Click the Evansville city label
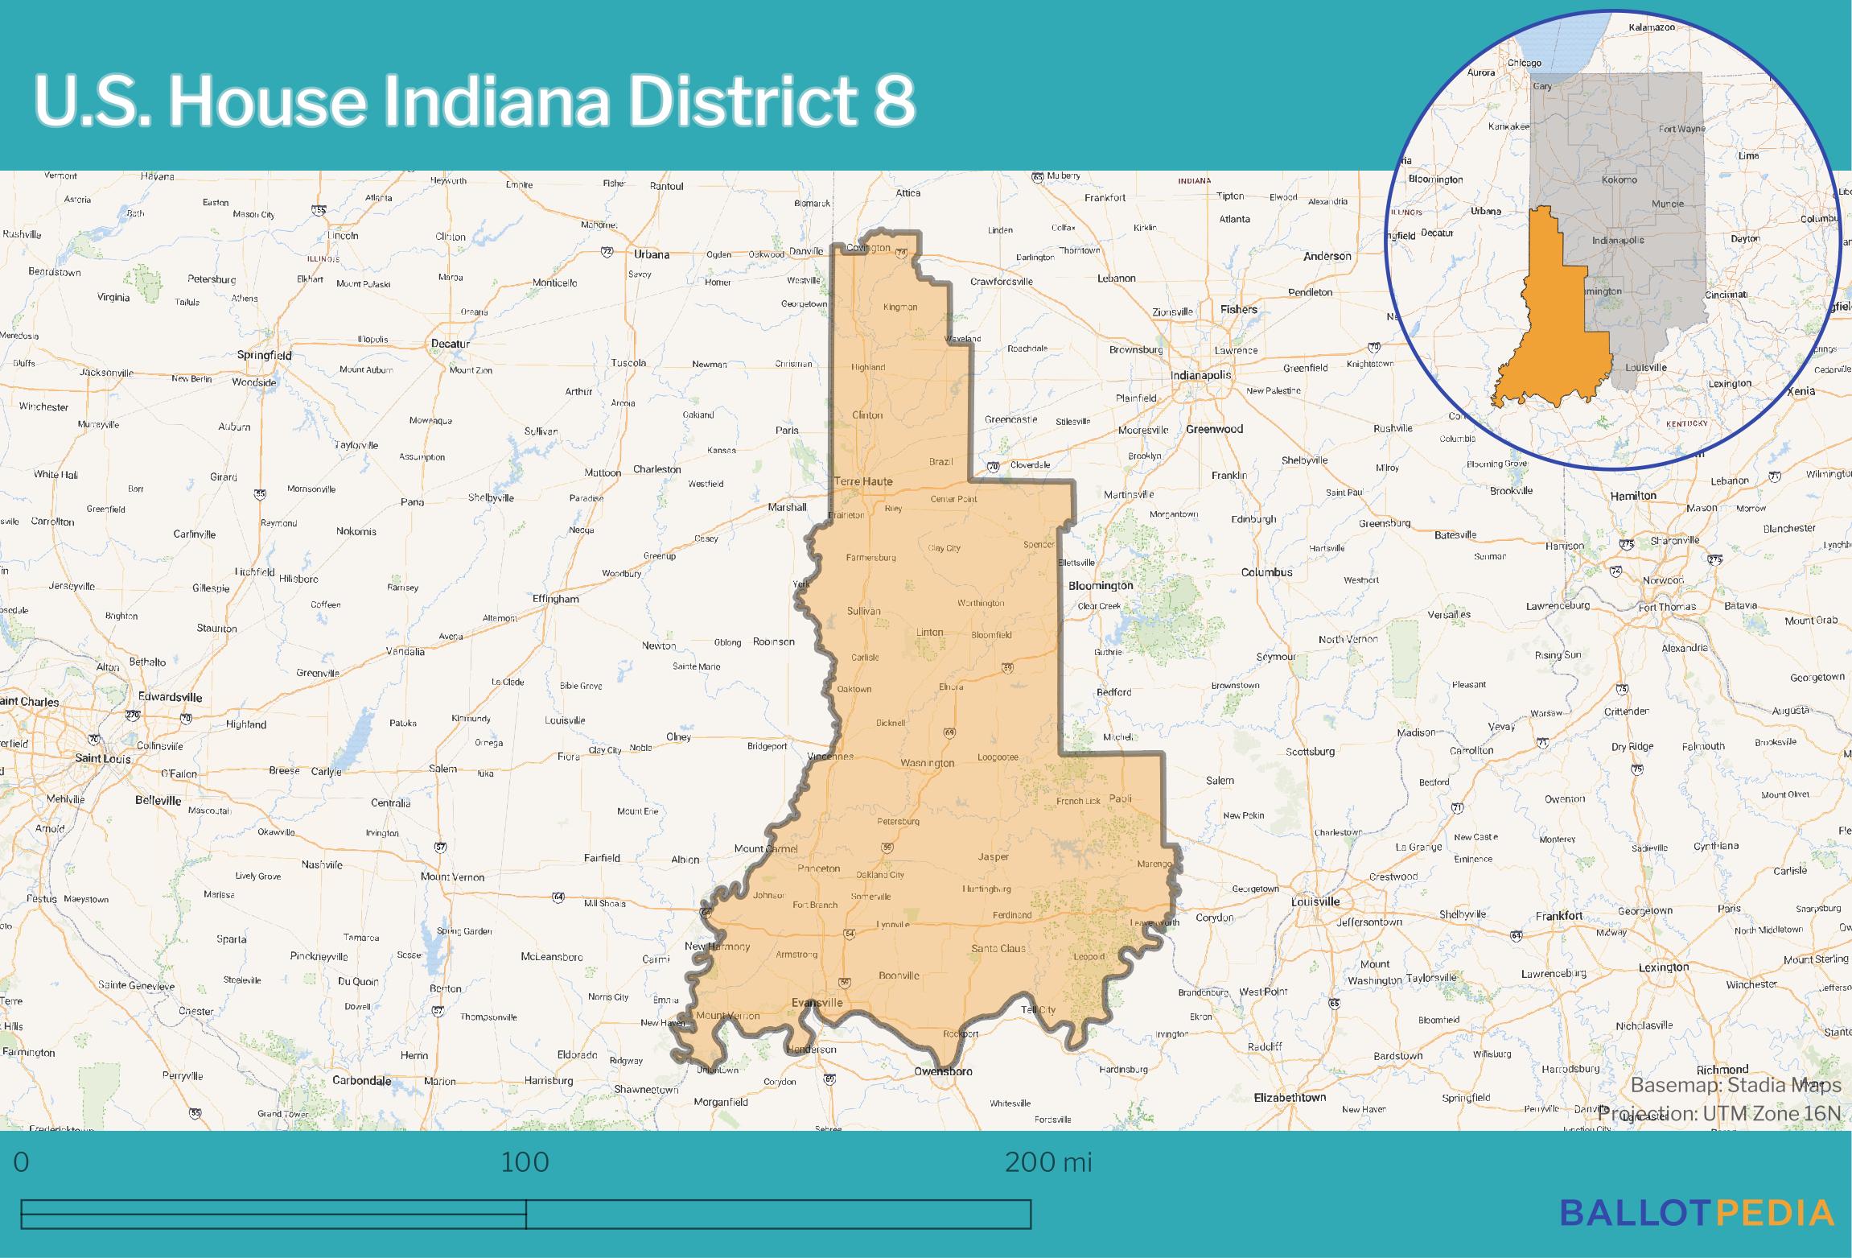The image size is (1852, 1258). pos(817,1002)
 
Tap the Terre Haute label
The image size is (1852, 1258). pos(862,481)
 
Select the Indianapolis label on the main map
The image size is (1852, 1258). pos(1200,375)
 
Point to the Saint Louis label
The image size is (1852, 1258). pos(103,758)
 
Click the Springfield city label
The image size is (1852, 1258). pos(264,355)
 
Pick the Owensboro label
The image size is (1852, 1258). pos(943,1071)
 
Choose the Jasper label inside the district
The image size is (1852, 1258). pos(993,856)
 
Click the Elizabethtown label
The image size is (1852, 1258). pos(1290,1097)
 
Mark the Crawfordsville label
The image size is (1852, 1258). pos(1001,282)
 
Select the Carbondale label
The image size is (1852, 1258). pos(361,1080)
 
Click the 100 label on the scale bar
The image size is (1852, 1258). pos(525,1162)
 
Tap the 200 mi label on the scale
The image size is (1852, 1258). pos(1048,1162)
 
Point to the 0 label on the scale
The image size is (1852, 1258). pos(22,1162)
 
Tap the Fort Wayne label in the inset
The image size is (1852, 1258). pos(1681,129)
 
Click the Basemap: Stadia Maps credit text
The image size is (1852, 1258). pos(1735,1085)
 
